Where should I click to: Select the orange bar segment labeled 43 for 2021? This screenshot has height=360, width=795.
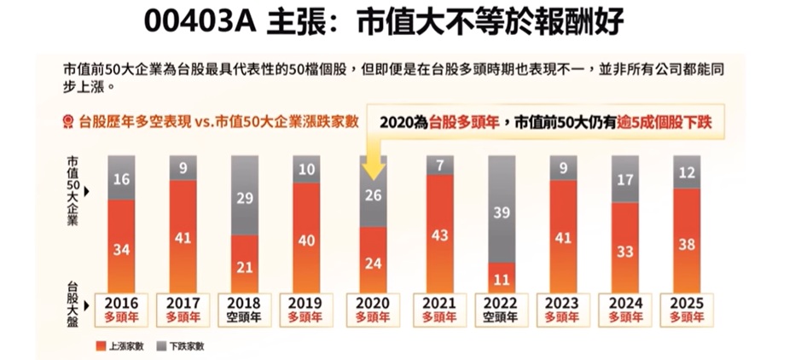(x=439, y=233)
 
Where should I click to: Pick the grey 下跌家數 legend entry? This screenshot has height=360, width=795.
(x=183, y=345)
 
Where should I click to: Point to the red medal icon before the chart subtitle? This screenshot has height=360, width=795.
(x=69, y=122)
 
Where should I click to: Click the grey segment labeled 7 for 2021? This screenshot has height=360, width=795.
(x=439, y=165)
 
